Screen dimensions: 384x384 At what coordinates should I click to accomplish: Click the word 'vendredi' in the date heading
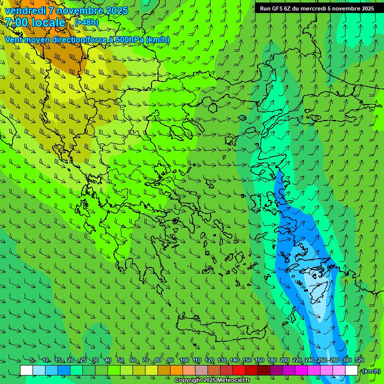(25, 10)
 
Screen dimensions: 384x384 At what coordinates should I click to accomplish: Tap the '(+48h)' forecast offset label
(86, 22)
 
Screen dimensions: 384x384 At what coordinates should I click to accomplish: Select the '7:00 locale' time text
(35, 22)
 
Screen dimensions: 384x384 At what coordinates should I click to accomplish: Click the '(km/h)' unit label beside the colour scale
(370, 371)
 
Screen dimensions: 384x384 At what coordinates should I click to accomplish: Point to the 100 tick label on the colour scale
(184, 360)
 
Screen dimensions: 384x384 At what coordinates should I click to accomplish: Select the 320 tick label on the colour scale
(359, 360)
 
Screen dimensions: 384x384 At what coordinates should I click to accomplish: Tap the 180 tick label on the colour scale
(271, 360)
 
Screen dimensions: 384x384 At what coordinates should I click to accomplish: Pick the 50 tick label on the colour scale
(120, 360)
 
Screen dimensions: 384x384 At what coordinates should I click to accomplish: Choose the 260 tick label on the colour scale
(321, 360)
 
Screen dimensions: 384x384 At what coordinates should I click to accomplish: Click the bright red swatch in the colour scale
(239, 370)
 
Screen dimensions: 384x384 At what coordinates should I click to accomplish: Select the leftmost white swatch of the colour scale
(26, 370)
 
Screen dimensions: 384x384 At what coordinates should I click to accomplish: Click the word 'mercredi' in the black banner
(310, 8)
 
